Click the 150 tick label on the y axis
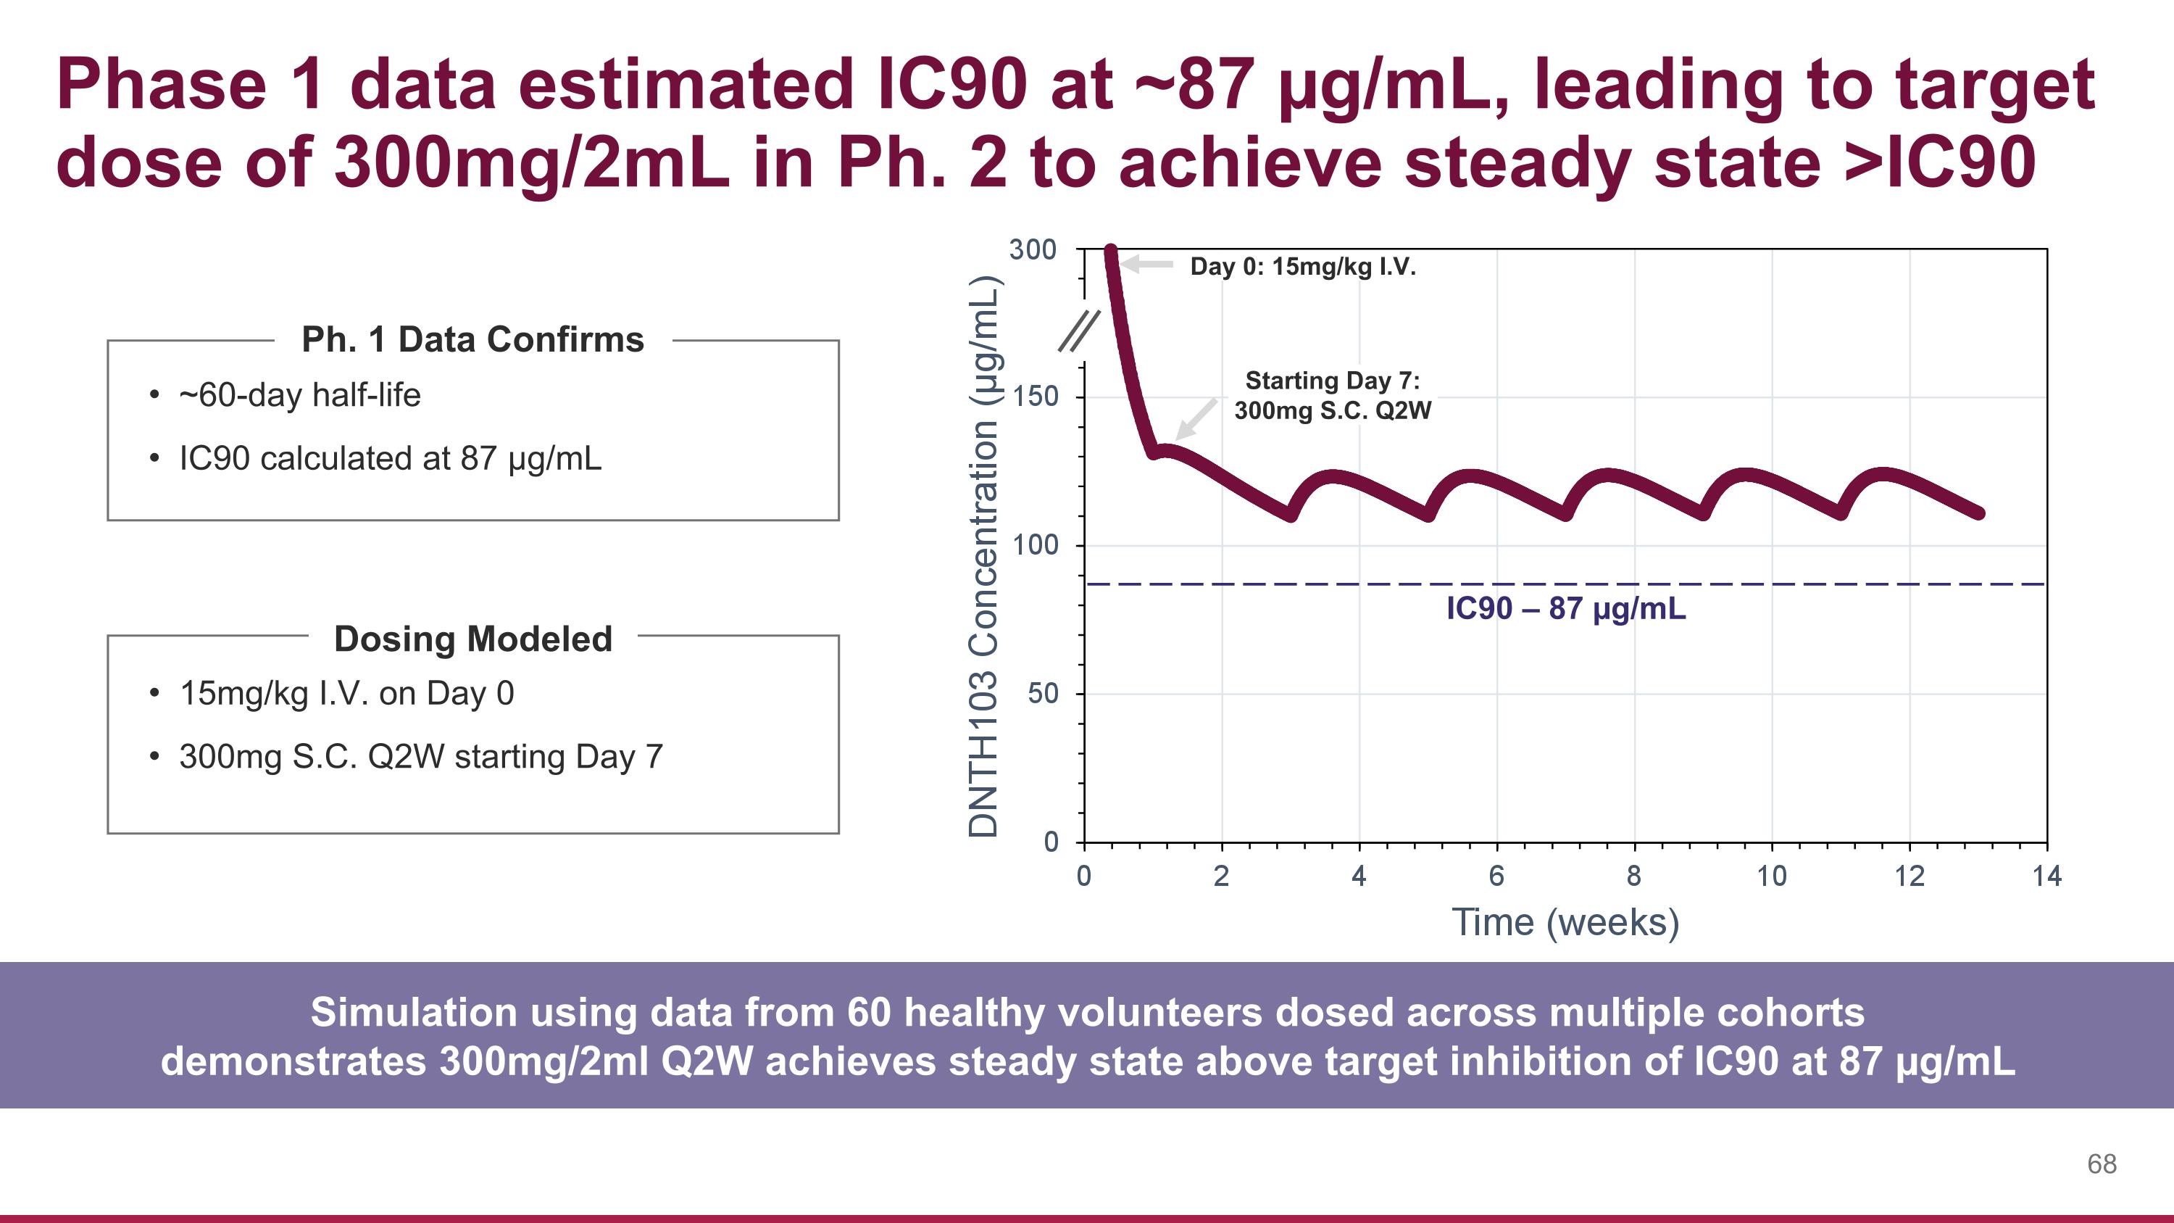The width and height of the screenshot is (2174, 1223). click(x=1036, y=397)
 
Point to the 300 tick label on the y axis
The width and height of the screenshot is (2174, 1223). click(x=1032, y=250)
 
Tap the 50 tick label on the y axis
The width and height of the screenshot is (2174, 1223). click(x=1042, y=694)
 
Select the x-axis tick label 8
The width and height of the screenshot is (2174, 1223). click(x=1634, y=876)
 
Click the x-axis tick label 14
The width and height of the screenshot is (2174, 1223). click(x=2046, y=876)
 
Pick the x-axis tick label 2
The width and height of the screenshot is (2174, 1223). click(x=1221, y=876)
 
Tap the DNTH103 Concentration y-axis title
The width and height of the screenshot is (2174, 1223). click(x=984, y=557)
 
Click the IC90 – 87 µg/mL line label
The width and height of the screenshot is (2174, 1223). click(x=1565, y=608)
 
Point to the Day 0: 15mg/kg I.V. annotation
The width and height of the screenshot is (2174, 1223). click(x=1302, y=268)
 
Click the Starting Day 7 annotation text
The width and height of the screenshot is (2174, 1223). click(x=1333, y=395)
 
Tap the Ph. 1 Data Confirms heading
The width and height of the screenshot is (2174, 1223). click(x=472, y=339)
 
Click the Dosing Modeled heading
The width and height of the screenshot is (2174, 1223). click(x=472, y=639)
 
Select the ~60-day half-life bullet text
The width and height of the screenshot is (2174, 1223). click(x=299, y=395)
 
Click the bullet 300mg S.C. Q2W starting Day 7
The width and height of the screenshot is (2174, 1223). click(x=421, y=756)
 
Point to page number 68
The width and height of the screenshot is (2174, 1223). click(x=2102, y=1164)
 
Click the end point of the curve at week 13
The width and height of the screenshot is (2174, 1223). click(x=1979, y=513)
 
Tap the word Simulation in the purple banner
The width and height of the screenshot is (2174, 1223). click(x=412, y=1012)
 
